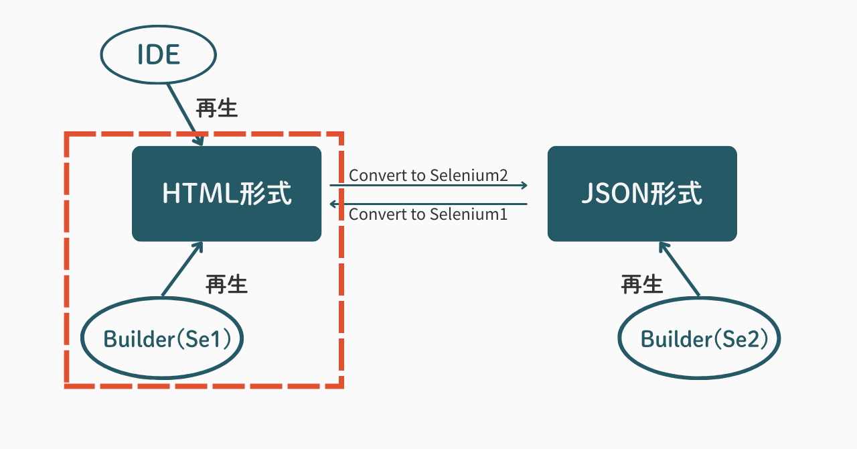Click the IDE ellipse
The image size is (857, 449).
click(159, 56)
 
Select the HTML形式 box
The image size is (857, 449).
click(226, 194)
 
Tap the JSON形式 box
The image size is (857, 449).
click(642, 194)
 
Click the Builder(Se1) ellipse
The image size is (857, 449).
click(161, 339)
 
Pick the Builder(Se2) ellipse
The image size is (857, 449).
click(699, 339)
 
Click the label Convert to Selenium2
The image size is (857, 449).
click(428, 176)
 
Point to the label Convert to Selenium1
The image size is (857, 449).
click(428, 214)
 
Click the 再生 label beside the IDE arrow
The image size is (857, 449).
click(217, 108)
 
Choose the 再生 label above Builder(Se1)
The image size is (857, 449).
click(226, 284)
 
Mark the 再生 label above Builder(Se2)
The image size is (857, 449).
click(641, 284)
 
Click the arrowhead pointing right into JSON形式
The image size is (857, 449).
click(524, 185)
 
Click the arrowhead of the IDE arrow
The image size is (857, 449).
click(199, 141)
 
